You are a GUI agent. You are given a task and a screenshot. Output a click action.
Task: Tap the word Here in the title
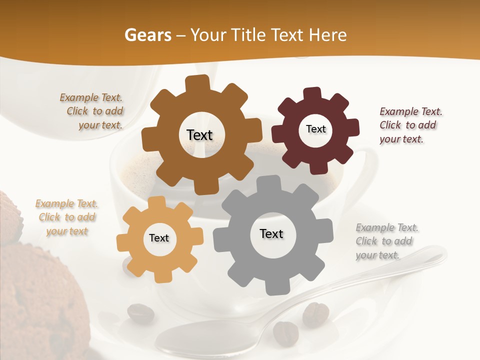pyautogui.click(x=327, y=35)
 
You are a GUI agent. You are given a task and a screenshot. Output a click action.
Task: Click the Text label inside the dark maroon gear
pyautogui.click(x=315, y=129)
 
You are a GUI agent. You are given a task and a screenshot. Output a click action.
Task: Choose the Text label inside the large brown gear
pyautogui.click(x=199, y=135)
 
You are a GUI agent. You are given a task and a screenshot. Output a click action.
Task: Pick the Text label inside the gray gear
pyautogui.click(x=271, y=233)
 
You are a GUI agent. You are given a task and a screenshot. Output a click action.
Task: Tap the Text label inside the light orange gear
pyautogui.click(x=159, y=238)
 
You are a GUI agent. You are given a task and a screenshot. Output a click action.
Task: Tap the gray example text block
pyautogui.click(x=386, y=241)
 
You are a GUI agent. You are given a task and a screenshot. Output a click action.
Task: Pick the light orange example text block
pyautogui.click(x=66, y=217)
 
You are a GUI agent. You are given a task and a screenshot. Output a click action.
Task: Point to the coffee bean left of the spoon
pyautogui.click(x=140, y=313)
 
